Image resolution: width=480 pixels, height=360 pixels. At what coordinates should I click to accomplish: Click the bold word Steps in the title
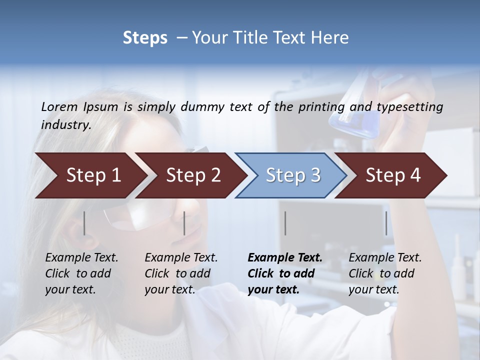145,38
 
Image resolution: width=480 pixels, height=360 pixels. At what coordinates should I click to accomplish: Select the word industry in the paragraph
65,124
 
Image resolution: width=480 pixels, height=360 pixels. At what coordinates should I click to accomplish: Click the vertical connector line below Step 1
84,223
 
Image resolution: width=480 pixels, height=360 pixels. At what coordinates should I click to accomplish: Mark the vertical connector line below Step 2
184,223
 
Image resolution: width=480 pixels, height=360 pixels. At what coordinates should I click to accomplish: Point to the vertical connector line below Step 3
285,223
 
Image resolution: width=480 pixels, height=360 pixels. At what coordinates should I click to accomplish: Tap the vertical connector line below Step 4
386,223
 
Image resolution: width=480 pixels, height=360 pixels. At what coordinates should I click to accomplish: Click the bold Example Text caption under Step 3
285,273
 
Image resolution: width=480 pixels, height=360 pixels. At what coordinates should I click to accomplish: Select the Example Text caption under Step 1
81,273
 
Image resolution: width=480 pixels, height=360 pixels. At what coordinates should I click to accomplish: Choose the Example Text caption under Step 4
385,273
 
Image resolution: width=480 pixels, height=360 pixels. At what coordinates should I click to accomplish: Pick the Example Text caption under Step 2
181,273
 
